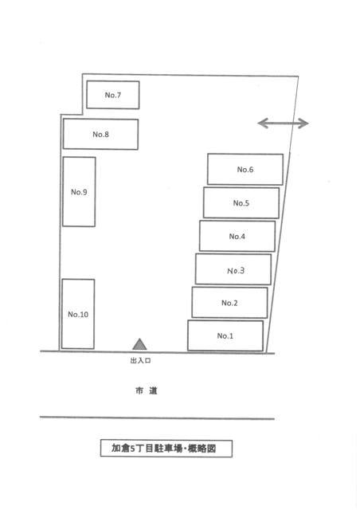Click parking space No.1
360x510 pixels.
(225, 335)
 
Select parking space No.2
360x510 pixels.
(229, 303)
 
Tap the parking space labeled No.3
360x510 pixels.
(233, 269)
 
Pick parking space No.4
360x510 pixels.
(237, 236)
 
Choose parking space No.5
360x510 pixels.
(241, 202)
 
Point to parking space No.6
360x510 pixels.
(245, 169)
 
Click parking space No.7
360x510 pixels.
(113, 95)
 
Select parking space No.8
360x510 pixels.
(100, 134)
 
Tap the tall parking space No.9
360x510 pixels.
(79, 191)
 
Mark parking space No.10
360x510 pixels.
(78, 314)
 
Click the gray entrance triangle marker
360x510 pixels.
(139, 344)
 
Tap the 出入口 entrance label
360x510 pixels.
(140, 361)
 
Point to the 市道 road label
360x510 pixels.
(147, 390)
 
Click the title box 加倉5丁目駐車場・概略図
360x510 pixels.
(166, 449)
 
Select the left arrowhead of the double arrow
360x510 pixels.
(263, 123)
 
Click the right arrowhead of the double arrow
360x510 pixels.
(303, 123)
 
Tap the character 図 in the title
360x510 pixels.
(211, 449)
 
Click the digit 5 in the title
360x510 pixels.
(132, 449)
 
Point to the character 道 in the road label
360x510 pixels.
(153, 390)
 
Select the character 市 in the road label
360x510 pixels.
(139, 390)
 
